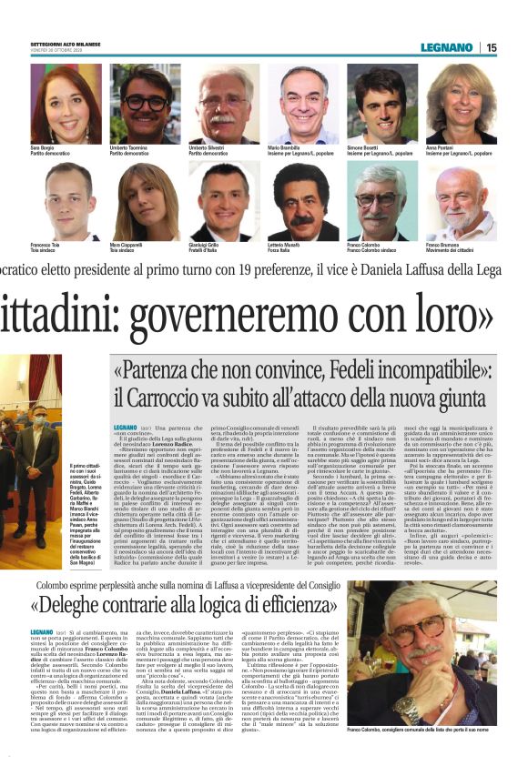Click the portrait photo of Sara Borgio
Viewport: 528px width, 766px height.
[59, 103]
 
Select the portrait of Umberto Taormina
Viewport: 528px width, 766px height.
[138, 103]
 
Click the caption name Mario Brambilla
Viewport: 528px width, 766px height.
[286, 147]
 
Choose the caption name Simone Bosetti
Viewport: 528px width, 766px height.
[366, 147]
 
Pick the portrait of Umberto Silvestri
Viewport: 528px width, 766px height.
[219, 103]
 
